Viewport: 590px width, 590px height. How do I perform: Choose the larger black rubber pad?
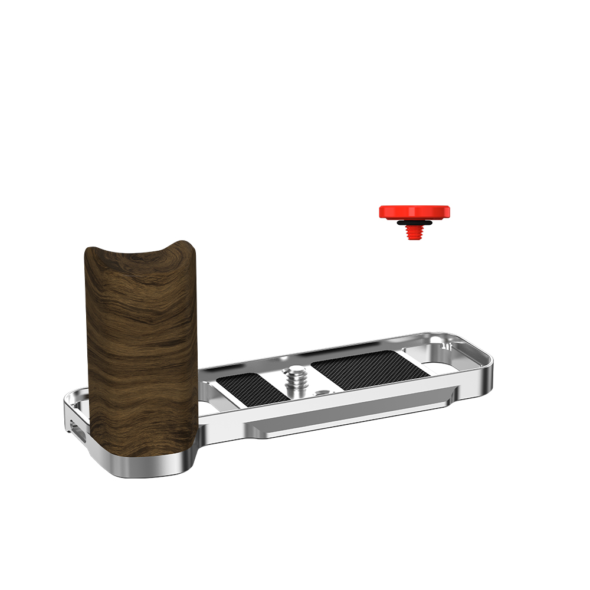pos(369,369)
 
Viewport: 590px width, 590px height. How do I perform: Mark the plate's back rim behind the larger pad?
pos(354,345)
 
